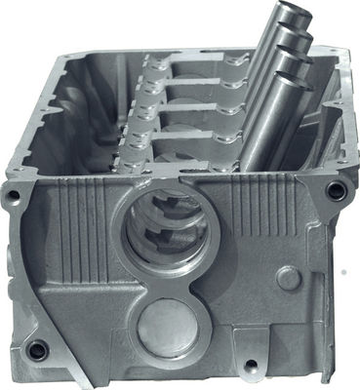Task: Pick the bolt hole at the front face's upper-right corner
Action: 336,192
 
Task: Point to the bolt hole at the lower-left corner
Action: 37,349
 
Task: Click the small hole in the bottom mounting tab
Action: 252,367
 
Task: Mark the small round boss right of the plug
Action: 288,278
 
